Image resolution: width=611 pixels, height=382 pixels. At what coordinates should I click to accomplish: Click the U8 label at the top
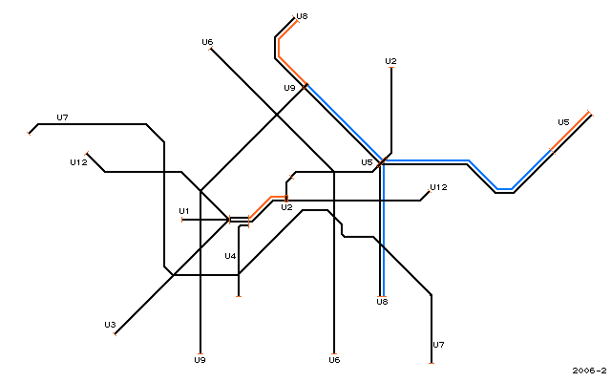coord(302,16)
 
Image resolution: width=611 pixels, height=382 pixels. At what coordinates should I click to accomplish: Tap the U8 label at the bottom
coord(382,302)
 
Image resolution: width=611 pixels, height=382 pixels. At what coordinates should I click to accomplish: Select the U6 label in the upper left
coord(207,42)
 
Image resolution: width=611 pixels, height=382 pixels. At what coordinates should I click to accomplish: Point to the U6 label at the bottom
coord(334,360)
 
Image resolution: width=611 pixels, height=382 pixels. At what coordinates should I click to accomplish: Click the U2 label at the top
coord(390,61)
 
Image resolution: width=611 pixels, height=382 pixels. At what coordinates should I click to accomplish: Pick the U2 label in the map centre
coord(286,207)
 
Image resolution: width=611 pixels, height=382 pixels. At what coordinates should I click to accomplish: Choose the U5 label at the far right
coord(563,122)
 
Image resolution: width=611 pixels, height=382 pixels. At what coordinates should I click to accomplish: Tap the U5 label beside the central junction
coord(367,162)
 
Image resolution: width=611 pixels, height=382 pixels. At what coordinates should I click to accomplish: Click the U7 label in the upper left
coord(62,117)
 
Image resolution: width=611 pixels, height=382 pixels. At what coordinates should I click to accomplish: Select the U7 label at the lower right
coord(438,345)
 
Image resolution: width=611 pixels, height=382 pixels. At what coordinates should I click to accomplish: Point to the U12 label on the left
coord(78,162)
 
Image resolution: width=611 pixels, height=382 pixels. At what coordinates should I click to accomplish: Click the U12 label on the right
coord(438,187)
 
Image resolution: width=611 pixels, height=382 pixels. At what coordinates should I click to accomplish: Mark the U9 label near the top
coord(289,88)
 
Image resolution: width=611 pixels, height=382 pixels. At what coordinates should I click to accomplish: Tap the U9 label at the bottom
coord(200,360)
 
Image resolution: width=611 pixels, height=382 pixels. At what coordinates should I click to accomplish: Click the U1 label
coord(184,211)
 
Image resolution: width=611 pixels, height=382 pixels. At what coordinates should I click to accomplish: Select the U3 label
coord(111,325)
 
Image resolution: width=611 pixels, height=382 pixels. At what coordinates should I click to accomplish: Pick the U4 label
coord(230,256)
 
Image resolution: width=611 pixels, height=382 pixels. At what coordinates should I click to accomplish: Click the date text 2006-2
coord(590,371)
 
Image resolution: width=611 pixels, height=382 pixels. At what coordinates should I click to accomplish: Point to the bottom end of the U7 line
coord(432,363)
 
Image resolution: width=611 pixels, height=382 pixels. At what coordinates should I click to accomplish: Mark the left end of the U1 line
coord(182,221)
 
